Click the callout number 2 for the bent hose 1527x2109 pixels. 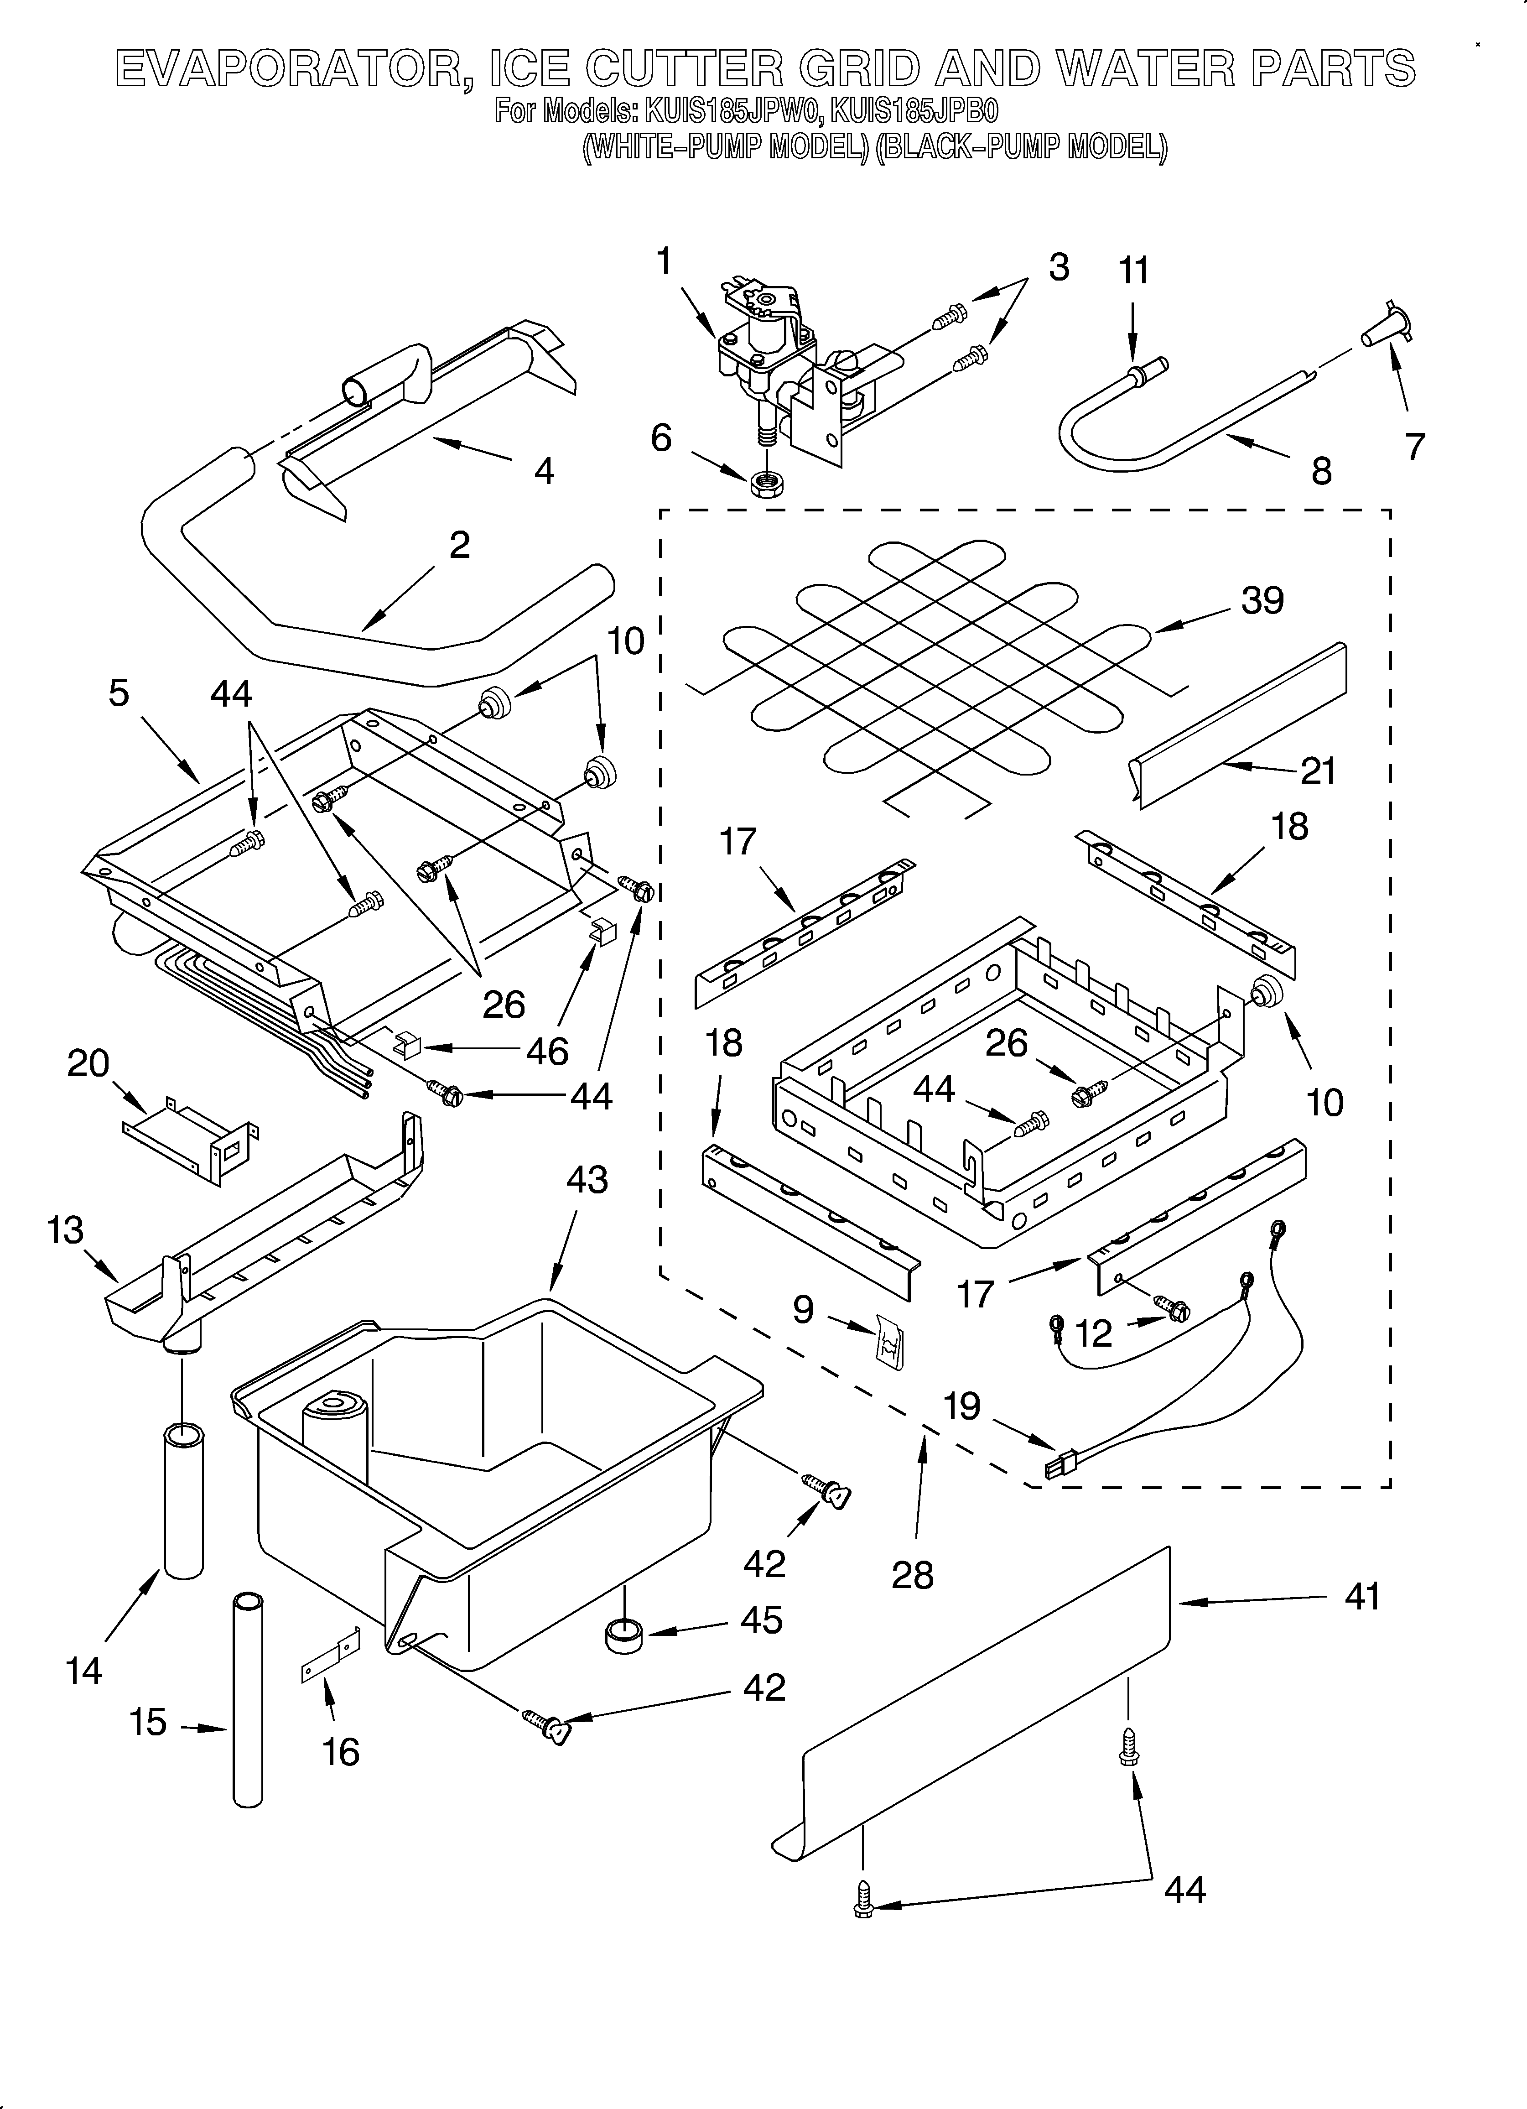point(459,545)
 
